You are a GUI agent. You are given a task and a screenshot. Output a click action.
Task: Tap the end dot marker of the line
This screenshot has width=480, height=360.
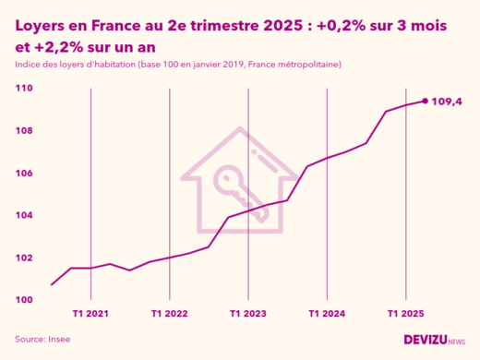point(425,101)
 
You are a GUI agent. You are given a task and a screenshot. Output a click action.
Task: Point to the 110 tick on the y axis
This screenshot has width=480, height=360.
point(24,89)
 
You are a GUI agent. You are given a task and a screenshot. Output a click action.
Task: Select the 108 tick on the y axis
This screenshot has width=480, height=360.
point(24,131)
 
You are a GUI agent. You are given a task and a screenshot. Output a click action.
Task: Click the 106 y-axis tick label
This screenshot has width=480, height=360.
point(24,174)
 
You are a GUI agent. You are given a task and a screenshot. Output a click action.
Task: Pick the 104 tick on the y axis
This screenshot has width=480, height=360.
point(24,216)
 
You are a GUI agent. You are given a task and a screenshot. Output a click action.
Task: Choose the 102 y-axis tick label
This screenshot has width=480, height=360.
point(24,258)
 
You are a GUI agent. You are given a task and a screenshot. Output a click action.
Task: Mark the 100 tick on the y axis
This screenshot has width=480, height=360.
point(24,300)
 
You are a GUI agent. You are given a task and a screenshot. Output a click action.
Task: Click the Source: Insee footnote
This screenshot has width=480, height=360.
point(42,340)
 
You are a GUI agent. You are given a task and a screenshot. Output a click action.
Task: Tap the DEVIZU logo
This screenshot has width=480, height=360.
point(434,340)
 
